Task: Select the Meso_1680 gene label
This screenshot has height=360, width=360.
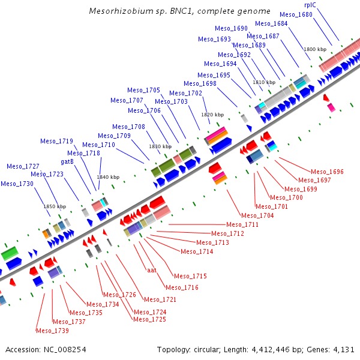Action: tap(296, 14)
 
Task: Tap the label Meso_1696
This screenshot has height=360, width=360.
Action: tap(327, 172)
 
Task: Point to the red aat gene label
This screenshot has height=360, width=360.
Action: tap(152, 270)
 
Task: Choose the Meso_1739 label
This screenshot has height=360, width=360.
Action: tap(52, 331)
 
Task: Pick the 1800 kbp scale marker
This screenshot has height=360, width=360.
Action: tap(315, 49)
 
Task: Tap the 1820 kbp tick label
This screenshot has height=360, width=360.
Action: tap(212, 115)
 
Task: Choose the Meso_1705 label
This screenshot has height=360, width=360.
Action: tap(144, 90)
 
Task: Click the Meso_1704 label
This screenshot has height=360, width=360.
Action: tap(257, 215)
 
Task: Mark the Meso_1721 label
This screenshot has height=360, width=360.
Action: tap(160, 299)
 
